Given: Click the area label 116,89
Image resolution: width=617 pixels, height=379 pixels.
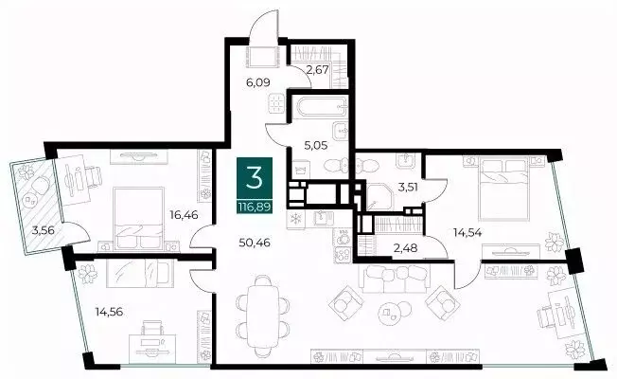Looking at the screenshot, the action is coord(255,207).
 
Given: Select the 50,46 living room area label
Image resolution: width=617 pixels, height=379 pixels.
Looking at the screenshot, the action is coord(255,243).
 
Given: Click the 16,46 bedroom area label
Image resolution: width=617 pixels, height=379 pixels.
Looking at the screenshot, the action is coord(184,215).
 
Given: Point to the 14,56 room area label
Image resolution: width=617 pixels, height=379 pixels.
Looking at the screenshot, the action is coord(109,312).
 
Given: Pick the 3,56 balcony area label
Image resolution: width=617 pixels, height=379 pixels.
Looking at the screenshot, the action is coord(43,230).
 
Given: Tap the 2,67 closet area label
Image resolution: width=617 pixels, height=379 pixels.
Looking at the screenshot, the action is coord(318,71).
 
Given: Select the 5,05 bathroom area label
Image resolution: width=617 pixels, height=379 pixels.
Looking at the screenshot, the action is coord(316,145).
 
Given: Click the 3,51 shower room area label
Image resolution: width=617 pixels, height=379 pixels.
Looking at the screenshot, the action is coord(408,187).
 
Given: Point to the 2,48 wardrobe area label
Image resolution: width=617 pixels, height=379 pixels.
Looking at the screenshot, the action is coord(405,248).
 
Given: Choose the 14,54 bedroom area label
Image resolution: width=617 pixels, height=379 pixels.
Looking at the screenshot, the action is coord(467,232).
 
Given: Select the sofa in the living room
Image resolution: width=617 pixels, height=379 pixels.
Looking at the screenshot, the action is coord(395,279).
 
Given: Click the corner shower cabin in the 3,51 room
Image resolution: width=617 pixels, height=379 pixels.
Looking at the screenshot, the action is coord(380,196).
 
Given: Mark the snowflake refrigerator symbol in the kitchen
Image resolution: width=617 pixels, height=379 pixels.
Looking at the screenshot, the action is coord(295,220).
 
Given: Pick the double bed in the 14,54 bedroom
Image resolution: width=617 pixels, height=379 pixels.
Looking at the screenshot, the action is coord(502,189).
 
